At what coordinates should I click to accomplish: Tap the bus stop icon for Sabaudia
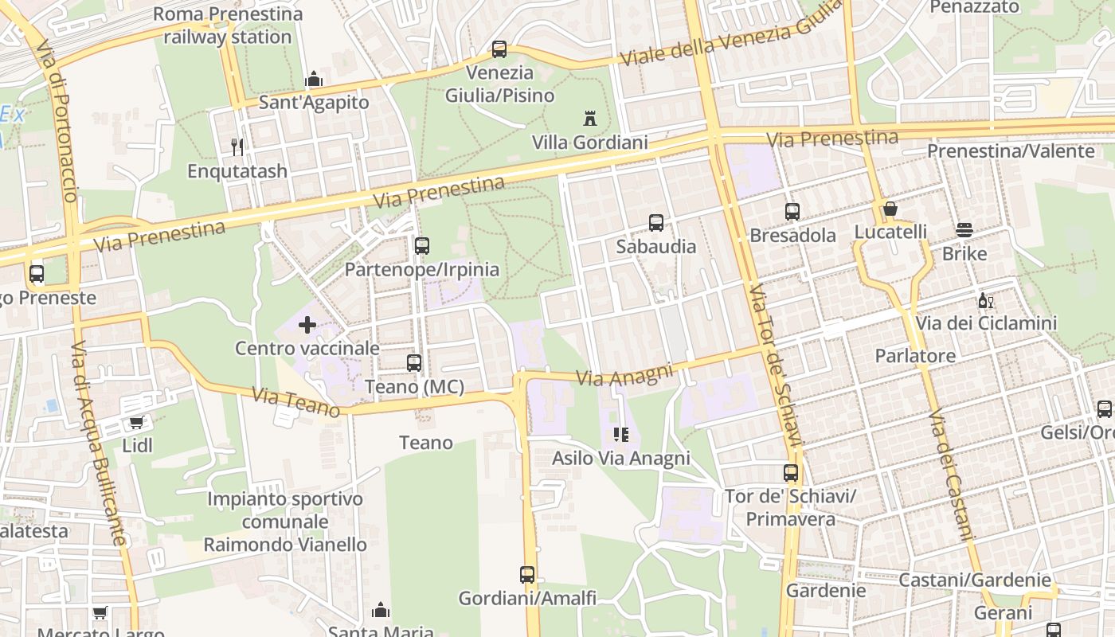[656, 223]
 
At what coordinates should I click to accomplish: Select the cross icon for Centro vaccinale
[307, 325]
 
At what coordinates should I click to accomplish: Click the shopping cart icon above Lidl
[137, 423]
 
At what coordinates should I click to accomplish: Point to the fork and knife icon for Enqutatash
[237, 147]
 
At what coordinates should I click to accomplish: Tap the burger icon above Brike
[964, 231]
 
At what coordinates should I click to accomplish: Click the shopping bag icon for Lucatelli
[890, 209]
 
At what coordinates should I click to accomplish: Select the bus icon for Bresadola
[792, 212]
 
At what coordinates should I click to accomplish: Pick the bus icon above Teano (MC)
[414, 363]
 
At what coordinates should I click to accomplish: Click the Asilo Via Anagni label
[621, 459]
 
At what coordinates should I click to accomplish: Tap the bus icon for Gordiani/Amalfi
[527, 575]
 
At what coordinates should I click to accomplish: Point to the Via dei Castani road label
[951, 475]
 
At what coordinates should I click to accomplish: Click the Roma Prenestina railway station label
[228, 25]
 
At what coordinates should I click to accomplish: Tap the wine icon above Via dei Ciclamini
[986, 301]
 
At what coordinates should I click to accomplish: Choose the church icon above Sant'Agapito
[314, 80]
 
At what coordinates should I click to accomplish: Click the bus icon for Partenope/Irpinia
[422, 246]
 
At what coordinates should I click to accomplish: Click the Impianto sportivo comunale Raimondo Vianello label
[285, 522]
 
